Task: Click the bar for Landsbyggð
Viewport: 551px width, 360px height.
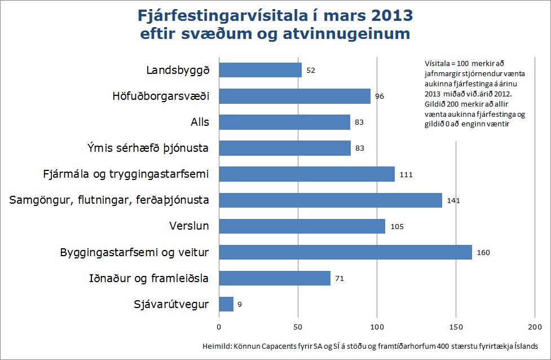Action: click(260, 70)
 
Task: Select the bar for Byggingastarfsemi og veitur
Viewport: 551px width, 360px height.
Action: click(345, 252)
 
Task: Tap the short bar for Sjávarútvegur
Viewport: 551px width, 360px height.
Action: click(226, 304)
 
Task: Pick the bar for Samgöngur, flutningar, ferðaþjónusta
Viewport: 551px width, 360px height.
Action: click(330, 200)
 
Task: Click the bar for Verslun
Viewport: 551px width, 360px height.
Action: click(301, 226)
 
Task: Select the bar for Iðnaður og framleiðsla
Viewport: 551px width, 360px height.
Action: click(274, 278)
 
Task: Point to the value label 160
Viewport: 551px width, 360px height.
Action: click(483, 252)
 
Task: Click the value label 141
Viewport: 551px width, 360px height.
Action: click(453, 200)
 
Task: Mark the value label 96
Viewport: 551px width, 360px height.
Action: click(380, 96)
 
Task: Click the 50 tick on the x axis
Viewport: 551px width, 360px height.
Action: click(298, 327)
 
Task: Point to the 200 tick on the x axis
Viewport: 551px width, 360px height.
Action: click(534, 327)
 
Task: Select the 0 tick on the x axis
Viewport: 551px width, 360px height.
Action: click(219, 327)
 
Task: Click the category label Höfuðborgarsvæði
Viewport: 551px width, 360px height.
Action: click(161, 96)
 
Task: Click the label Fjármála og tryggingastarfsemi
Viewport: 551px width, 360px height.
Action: click(126, 174)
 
